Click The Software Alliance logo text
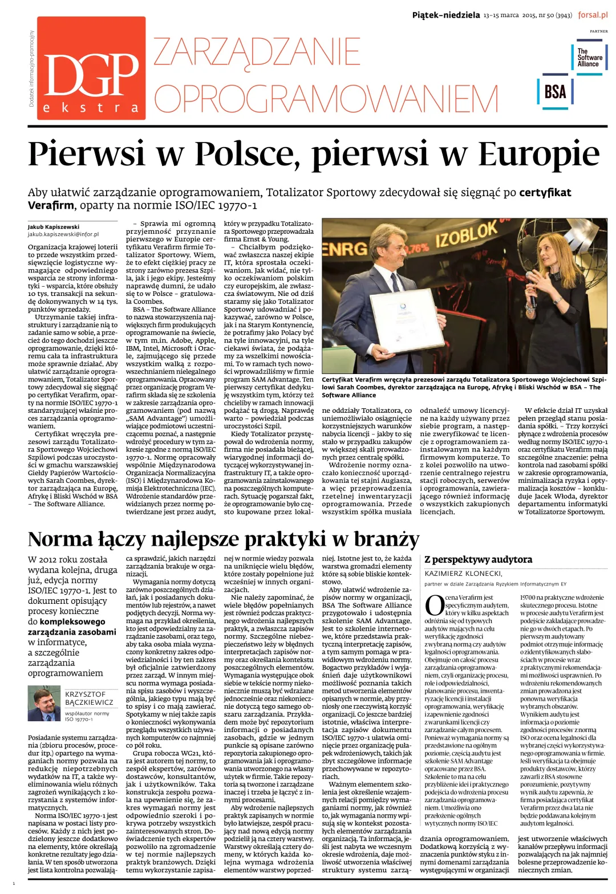click(x=589, y=58)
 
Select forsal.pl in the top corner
click(x=593, y=15)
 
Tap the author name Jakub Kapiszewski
click(x=54, y=226)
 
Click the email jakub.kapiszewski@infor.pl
click(x=63, y=234)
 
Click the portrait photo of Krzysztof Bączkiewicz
click(x=44, y=705)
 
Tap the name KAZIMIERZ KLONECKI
click(x=463, y=574)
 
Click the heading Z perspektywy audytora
click(x=478, y=559)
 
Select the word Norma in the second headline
click(x=59, y=539)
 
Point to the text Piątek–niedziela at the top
click(x=445, y=15)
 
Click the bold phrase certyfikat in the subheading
click(x=545, y=193)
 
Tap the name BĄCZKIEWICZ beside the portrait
click(x=89, y=702)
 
